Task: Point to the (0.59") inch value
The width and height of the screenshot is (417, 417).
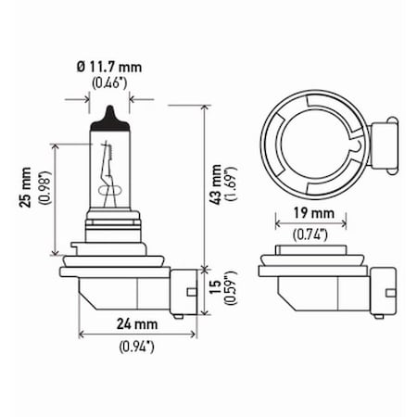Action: click(235, 293)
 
